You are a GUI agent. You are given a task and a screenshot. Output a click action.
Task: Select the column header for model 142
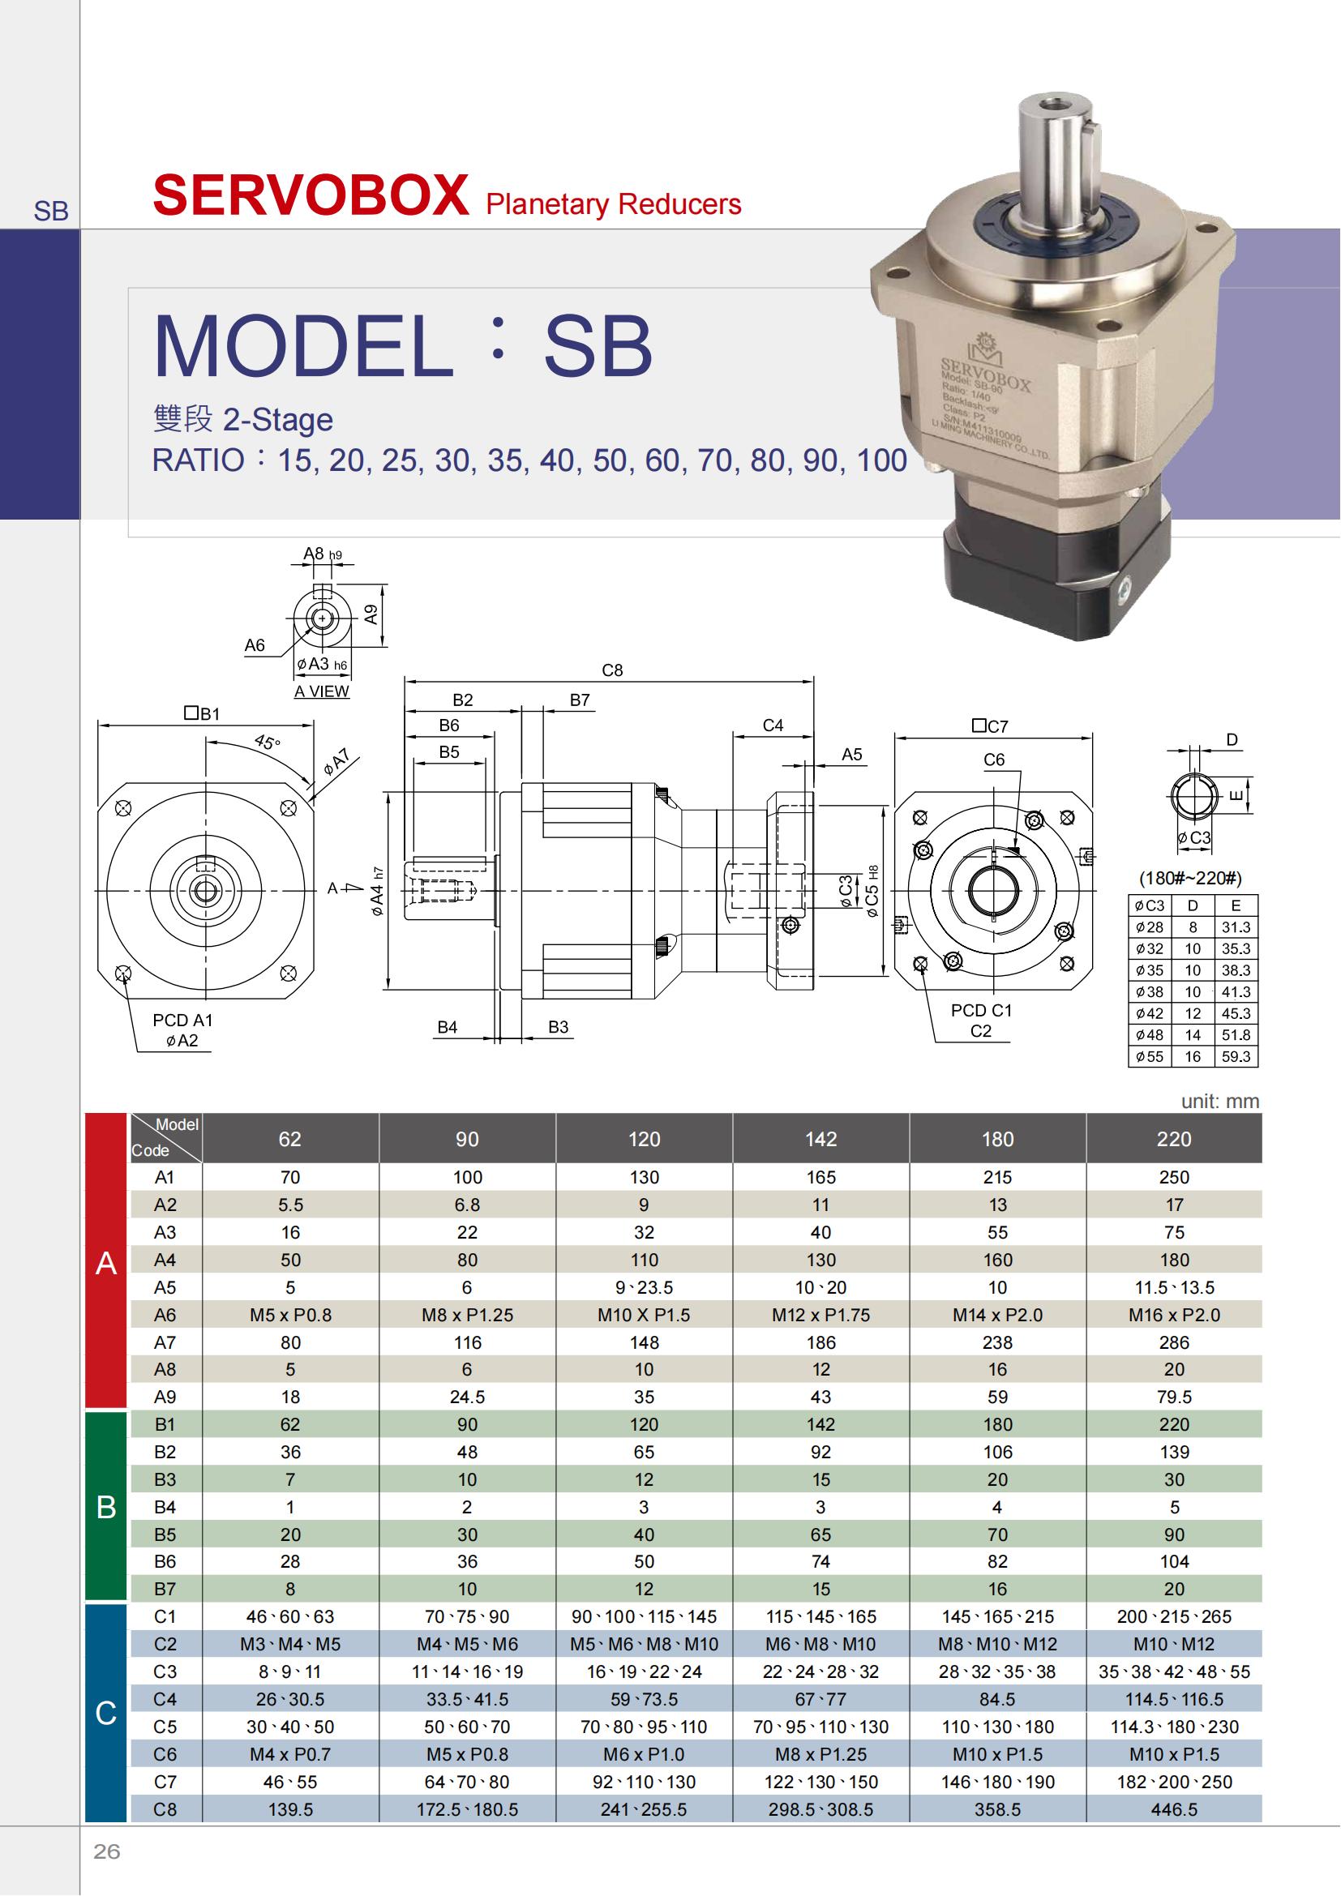820,1139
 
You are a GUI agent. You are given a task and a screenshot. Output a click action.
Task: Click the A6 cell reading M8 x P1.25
467,1315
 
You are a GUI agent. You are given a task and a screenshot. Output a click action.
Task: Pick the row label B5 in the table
165,1534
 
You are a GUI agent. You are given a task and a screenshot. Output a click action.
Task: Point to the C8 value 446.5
1174,1809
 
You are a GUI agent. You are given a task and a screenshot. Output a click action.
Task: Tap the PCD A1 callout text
182,1020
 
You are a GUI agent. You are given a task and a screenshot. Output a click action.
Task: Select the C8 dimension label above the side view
612,670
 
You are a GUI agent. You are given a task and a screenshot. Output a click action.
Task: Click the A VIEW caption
322,691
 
